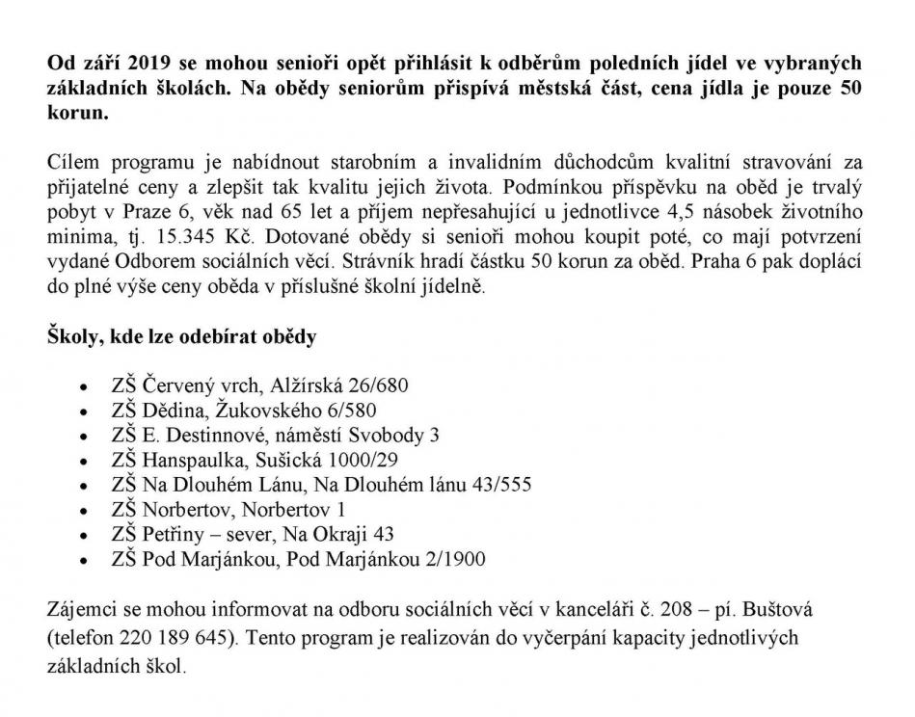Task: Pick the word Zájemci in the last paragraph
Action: click(78, 612)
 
